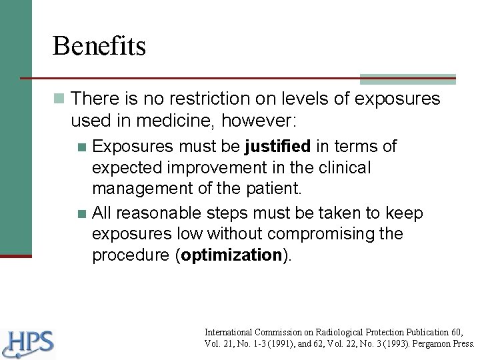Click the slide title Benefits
(99, 46)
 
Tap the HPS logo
(28, 344)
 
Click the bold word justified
(278, 146)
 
